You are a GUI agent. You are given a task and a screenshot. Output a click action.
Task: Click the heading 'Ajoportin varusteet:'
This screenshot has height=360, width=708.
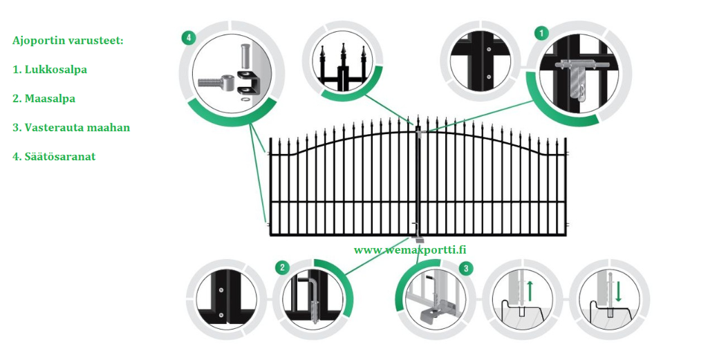point(68,41)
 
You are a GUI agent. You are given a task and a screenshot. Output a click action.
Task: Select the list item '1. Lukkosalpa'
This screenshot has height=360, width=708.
point(50,70)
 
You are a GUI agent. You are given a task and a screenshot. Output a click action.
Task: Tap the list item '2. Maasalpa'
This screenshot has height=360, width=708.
point(44,98)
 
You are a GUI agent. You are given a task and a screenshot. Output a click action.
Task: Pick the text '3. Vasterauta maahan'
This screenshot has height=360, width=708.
point(71,127)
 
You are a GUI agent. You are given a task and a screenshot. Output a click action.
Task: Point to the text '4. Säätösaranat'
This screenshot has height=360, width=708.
point(54,157)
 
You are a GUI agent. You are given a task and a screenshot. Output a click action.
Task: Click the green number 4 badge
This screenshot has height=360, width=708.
point(189,37)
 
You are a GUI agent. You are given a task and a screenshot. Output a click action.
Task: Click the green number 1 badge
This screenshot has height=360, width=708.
point(541,32)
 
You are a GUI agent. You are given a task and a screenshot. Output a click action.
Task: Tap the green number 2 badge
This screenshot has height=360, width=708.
point(283,267)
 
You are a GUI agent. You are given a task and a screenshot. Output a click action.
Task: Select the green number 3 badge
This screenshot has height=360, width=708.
point(466,269)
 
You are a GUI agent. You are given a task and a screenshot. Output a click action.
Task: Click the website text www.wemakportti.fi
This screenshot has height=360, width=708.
point(410,249)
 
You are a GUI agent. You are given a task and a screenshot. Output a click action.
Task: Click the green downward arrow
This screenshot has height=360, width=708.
point(618,291)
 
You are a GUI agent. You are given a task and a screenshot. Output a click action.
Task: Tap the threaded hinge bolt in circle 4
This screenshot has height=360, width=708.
point(214,83)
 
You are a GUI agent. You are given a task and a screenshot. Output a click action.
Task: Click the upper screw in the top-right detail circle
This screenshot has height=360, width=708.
point(489,50)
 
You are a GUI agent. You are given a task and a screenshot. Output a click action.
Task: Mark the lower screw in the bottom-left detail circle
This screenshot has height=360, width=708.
point(221,314)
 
